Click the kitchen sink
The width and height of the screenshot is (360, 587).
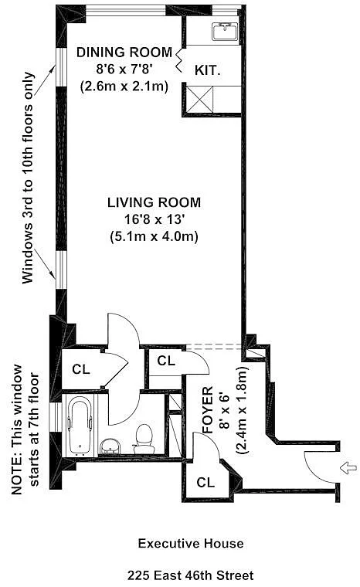pyautogui.click(x=225, y=32)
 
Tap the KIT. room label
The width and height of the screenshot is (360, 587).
pyautogui.click(x=207, y=70)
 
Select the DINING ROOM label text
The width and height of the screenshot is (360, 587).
pyautogui.click(x=124, y=53)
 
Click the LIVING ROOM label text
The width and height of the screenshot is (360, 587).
pyautogui.click(x=154, y=202)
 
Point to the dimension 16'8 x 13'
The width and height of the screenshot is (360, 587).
pyautogui.click(x=155, y=219)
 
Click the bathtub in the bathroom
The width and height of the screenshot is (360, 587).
pyautogui.click(x=80, y=426)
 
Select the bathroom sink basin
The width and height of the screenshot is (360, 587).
pyautogui.click(x=110, y=446)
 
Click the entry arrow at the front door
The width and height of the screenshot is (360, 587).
pyautogui.click(x=348, y=467)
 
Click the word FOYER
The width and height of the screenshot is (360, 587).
pyautogui.click(x=207, y=409)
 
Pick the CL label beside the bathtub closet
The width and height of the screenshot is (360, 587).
pyautogui.click(x=81, y=369)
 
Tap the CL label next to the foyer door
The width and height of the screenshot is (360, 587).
pyautogui.click(x=166, y=361)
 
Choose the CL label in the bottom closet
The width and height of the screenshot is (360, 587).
pyautogui.click(x=205, y=482)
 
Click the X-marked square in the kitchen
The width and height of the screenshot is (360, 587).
pyautogui.click(x=199, y=99)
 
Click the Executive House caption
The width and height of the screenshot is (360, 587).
pyautogui.click(x=191, y=544)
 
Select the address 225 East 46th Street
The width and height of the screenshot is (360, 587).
pyautogui.click(x=191, y=575)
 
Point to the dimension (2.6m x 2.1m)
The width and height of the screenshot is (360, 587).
pyautogui.click(x=124, y=87)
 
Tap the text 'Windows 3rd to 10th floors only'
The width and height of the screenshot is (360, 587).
pyautogui.click(x=29, y=178)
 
